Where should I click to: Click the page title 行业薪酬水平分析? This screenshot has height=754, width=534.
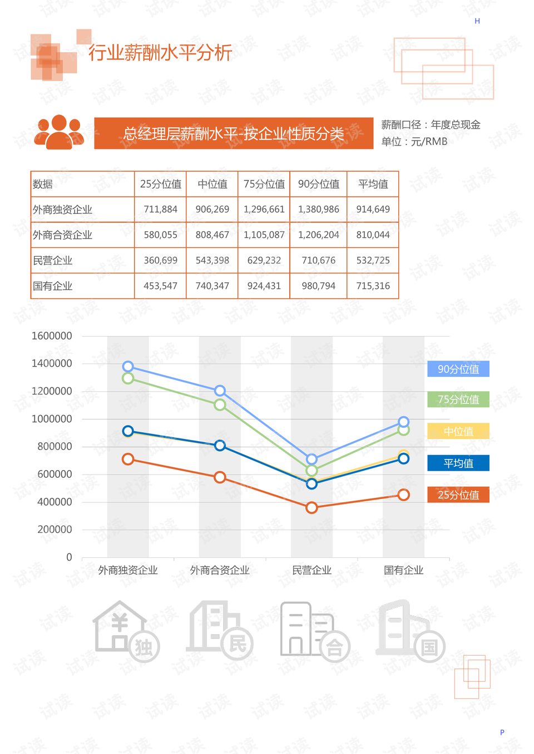click(x=160, y=53)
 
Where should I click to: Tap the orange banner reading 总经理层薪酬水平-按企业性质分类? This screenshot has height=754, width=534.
click(x=234, y=133)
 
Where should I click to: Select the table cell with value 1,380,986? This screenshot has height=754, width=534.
click(x=318, y=209)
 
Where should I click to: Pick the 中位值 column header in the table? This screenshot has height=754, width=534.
click(x=212, y=184)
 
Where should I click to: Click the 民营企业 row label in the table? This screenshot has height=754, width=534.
click(x=53, y=261)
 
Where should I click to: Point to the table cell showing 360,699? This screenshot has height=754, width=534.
click(x=160, y=261)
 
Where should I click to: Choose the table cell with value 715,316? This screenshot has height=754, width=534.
click(x=373, y=286)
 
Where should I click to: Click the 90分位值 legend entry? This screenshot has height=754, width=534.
click(x=458, y=369)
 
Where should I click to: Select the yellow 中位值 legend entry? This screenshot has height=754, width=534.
click(x=458, y=431)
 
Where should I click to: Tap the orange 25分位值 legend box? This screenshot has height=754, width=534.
click(x=458, y=495)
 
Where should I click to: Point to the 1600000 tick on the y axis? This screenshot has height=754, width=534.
click(x=52, y=336)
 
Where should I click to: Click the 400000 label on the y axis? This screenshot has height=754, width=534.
click(x=55, y=502)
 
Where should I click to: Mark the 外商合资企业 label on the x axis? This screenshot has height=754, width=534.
click(x=220, y=570)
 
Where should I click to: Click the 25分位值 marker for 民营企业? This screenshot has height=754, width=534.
click(x=311, y=507)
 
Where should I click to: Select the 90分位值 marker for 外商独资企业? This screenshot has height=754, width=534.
click(x=128, y=366)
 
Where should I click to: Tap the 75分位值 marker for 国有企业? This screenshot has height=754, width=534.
click(x=404, y=430)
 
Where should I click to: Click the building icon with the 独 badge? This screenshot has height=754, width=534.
click(x=126, y=631)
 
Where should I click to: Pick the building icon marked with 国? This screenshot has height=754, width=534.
click(x=411, y=631)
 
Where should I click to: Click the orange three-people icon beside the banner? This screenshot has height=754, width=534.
click(x=59, y=132)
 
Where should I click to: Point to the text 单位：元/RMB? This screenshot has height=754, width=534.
click(x=414, y=142)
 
